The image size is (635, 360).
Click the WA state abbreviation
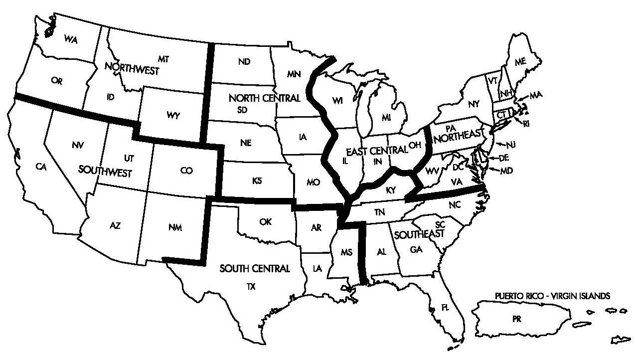70,40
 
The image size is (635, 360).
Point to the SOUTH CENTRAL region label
255,269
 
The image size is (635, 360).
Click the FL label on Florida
445,308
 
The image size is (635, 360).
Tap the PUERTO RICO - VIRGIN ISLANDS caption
552,296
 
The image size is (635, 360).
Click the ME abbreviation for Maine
520,62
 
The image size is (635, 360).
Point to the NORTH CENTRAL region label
264,98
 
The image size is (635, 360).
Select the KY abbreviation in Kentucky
390,189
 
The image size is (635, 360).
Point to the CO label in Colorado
186,171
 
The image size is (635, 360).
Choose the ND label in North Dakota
244,62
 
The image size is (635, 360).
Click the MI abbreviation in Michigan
386,118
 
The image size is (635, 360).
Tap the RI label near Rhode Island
526,124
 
